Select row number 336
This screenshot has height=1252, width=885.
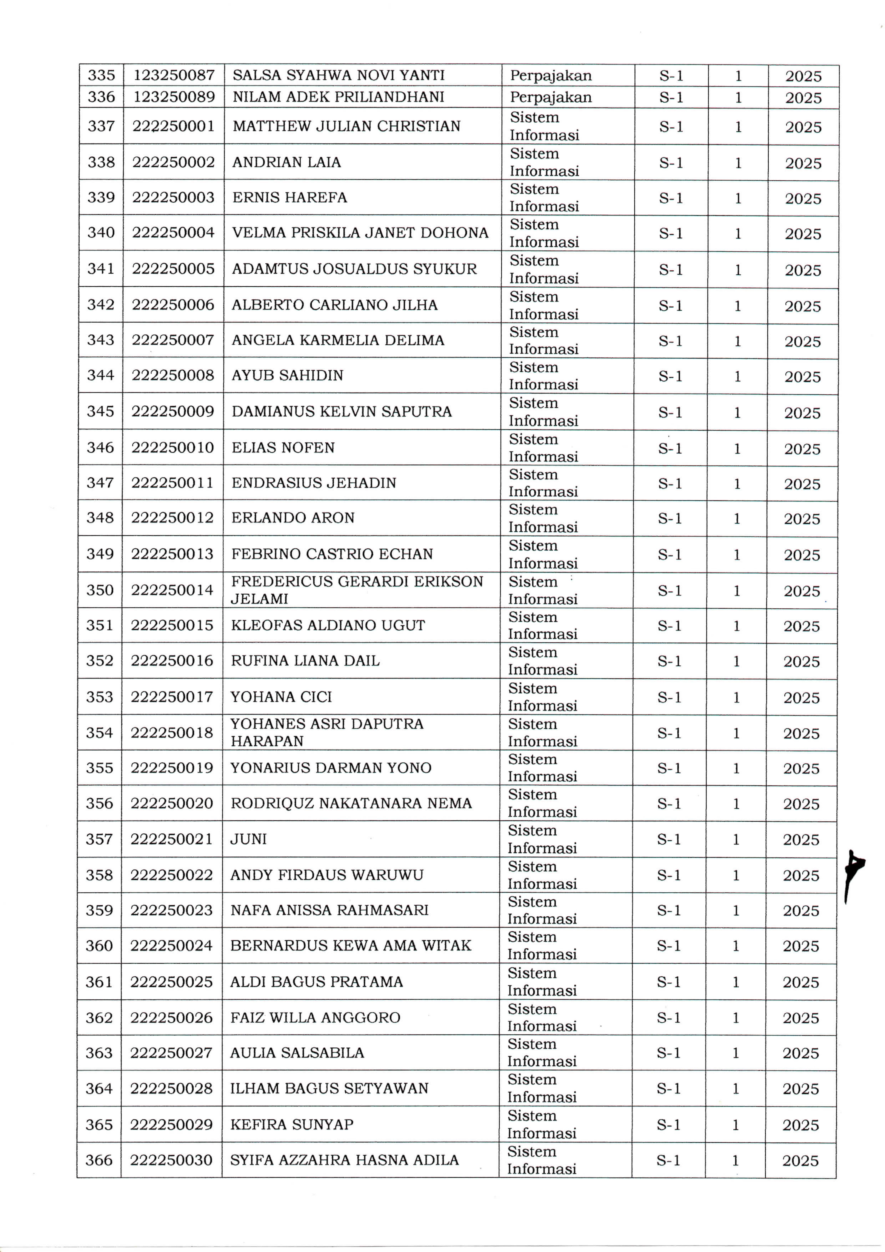101,97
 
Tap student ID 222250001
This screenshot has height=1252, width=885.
173,126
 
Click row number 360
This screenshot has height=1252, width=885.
99,946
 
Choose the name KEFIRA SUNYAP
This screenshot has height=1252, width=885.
292,1124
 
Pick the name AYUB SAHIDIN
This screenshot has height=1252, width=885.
287,375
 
